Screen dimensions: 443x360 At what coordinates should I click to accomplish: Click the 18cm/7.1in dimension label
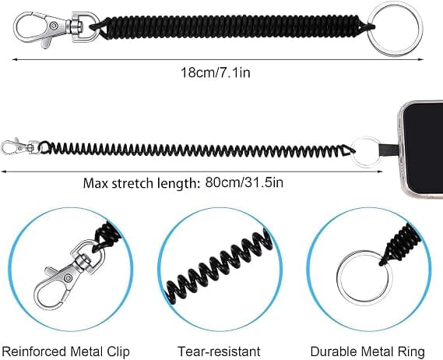(216, 72)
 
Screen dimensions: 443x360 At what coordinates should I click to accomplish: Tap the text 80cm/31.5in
(244, 182)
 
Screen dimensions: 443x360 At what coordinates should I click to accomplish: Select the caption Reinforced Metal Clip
(65, 351)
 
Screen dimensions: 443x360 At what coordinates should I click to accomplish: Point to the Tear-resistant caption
(219, 351)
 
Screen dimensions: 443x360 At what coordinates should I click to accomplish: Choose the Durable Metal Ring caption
(367, 351)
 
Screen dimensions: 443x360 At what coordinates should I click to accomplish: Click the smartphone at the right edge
(422, 150)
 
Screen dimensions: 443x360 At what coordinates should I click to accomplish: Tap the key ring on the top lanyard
(396, 30)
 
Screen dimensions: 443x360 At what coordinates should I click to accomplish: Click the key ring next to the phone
(367, 153)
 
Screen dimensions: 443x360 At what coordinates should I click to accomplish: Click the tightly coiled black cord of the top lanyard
(232, 26)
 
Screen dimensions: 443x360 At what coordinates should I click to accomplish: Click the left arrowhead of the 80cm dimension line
(3, 171)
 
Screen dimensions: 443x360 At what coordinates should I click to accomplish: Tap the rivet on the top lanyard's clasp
(54, 26)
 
